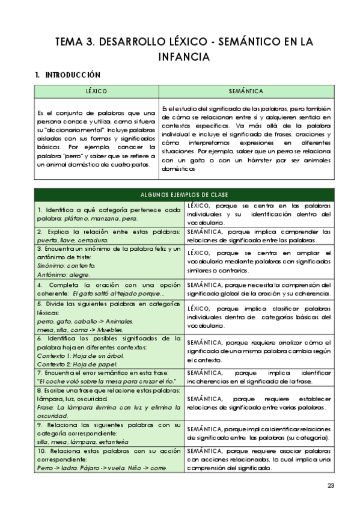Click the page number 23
[x=331, y=486]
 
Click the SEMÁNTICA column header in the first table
[x=246, y=91]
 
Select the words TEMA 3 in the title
[x=74, y=41]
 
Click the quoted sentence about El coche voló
[x=106, y=381]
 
